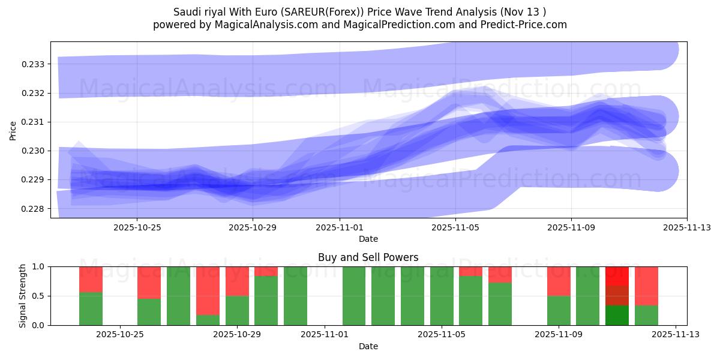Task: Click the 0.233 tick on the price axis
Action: point(34,64)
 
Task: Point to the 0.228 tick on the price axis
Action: point(34,209)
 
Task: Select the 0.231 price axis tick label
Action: point(34,122)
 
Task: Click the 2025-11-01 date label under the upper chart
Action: point(340,227)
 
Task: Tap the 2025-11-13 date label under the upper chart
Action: point(687,227)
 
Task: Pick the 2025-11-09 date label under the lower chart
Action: point(559,335)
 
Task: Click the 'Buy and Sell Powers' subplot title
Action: point(368,257)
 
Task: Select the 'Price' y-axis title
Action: point(13,130)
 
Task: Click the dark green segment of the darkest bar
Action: point(617,316)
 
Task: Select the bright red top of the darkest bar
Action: point(617,275)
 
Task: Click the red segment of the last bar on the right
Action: point(646,286)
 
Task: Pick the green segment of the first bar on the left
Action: point(91,308)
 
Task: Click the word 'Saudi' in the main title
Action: point(187,12)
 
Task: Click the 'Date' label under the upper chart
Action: point(368,239)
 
